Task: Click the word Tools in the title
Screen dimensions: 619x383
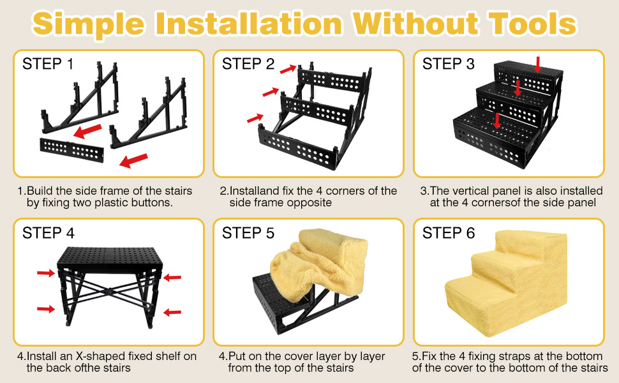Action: coord(533,23)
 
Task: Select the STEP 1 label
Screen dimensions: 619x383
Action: coord(48,64)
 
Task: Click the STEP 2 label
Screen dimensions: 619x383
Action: coord(248,64)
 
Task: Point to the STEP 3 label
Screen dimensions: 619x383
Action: coord(449,64)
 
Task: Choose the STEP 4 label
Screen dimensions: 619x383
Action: coord(48,233)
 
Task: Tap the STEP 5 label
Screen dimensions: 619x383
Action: coord(248,233)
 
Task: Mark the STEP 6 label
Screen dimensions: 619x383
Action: coord(449,233)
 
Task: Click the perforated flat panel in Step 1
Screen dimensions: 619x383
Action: coord(71,151)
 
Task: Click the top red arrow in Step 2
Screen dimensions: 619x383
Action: coord(288,69)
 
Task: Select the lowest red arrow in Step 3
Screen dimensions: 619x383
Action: coord(497,121)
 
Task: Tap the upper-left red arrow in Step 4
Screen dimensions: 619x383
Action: coord(46,273)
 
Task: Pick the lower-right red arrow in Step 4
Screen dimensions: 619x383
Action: coord(172,312)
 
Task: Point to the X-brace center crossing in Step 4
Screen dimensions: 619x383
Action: coord(107,292)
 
